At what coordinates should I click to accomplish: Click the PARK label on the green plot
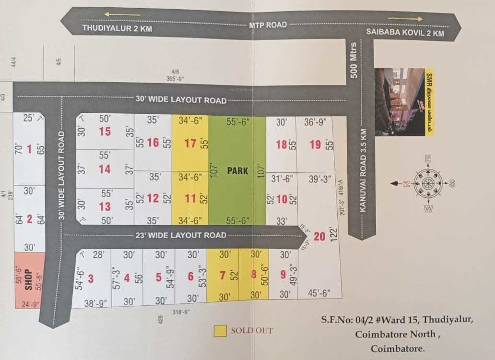click(x=237, y=170)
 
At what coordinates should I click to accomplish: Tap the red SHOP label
click(x=28, y=278)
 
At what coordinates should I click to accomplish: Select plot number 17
click(x=190, y=143)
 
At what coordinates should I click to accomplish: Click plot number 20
click(x=319, y=236)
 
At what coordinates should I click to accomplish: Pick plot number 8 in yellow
click(x=254, y=276)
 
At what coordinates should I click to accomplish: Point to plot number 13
click(x=105, y=206)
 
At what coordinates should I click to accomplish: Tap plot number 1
click(x=29, y=149)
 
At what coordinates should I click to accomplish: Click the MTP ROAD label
click(x=268, y=25)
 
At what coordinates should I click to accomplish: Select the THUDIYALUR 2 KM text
click(x=117, y=28)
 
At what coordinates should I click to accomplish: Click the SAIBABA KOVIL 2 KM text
click(x=405, y=33)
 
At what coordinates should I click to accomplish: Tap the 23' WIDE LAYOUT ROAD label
click(x=181, y=235)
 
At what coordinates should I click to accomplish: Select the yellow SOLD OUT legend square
click(x=221, y=331)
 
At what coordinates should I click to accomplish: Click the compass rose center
click(x=426, y=183)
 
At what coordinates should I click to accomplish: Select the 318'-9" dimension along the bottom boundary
click(x=182, y=312)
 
